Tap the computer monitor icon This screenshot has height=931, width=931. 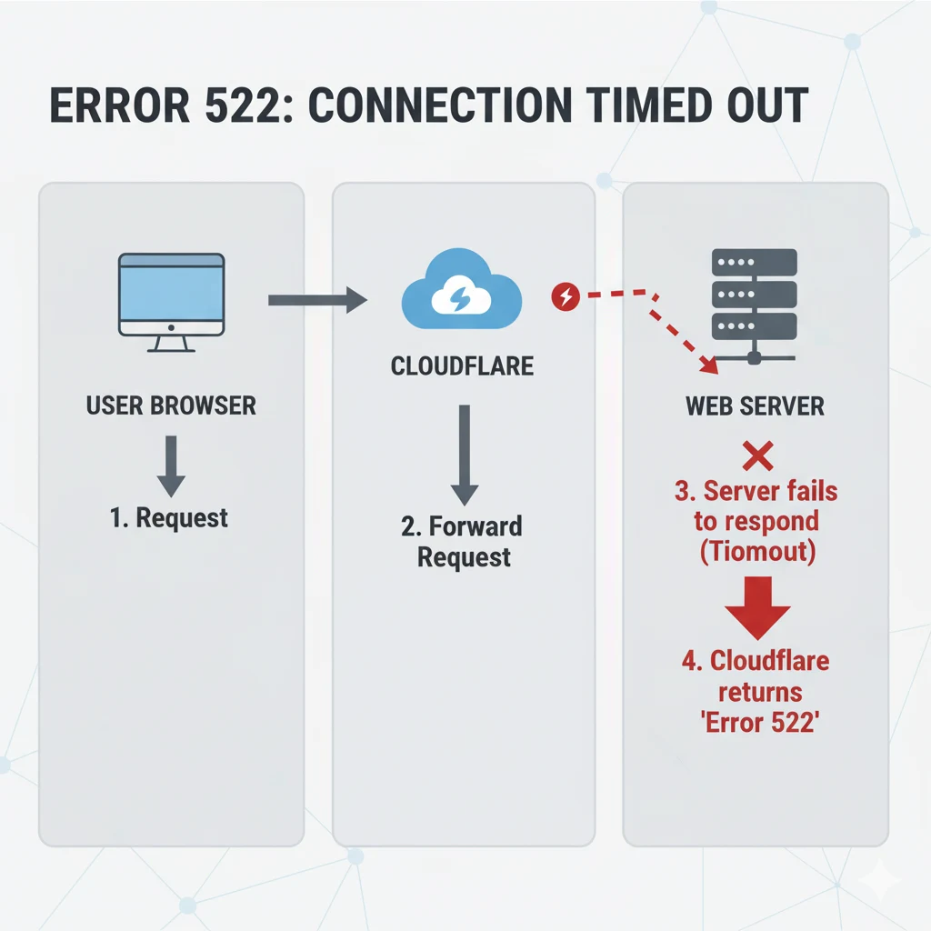[x=171, y=301]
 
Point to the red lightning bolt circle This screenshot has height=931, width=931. [x=566, y=295]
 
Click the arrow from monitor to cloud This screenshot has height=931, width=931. [x=316, y=300]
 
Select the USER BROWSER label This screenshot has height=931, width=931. [x=171, y=405]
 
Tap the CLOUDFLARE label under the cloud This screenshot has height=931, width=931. [x=462, y=366]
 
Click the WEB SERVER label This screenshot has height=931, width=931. [x=755, y=405]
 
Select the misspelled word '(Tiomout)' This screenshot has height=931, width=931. [x=756, y=553]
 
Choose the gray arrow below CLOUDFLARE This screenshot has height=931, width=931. [x=464, y=455]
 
